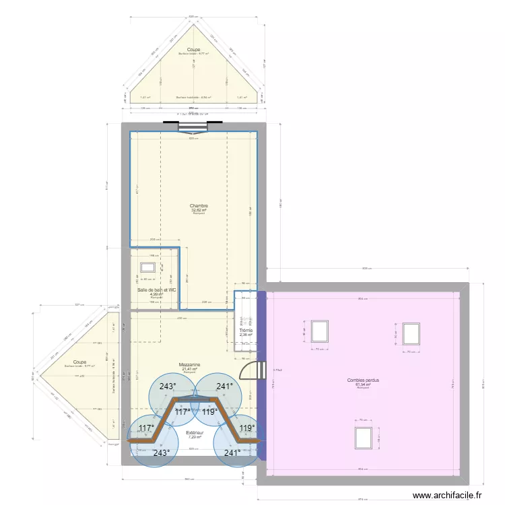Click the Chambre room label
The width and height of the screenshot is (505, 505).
(x=199, y=206)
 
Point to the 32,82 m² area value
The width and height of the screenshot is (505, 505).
(x=199, y=210)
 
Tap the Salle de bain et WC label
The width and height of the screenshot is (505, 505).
(x=157, y=290)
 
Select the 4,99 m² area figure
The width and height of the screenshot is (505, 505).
(x=156, y=294)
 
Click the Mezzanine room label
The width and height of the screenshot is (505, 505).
(x=189, y=365)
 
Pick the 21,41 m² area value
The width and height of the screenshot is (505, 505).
(x=189, y=369)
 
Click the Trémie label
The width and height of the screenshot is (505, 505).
(x=246, y=331)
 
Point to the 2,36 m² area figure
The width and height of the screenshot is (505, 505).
(x=246, y=335)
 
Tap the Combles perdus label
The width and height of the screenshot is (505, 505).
(x=363, y=380)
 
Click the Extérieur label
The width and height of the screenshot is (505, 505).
(x=195, y=433)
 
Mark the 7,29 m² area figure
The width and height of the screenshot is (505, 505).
(x=195, y=437)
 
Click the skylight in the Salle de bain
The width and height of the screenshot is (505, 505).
(x=147, y=267)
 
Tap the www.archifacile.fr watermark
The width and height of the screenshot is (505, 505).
(x=447, y=496)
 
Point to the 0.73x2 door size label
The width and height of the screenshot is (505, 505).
(x=277, y=370)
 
